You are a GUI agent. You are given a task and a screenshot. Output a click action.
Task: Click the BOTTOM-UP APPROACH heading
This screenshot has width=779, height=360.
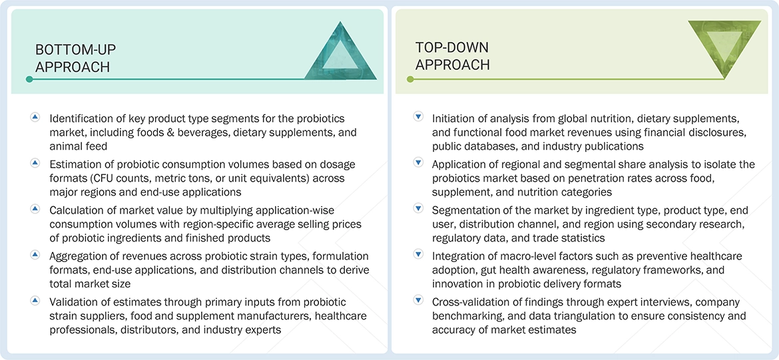click(x=73, y=58)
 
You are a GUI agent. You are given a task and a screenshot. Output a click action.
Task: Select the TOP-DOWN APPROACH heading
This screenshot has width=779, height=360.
click(x=452, y=56)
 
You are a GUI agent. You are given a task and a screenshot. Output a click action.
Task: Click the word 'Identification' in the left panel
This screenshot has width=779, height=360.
click(x=83, y=118)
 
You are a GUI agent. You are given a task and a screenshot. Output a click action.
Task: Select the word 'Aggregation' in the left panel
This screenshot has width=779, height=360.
click(x=80, y=256)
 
